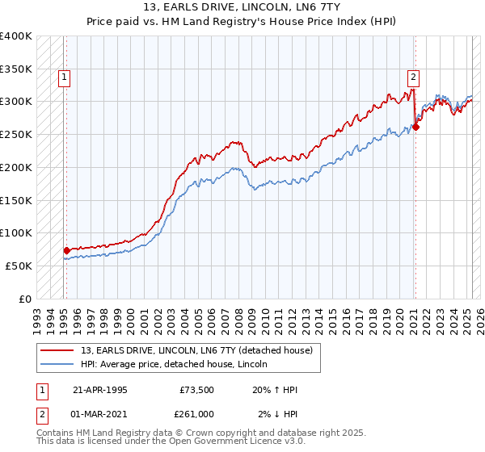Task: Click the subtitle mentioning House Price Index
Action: (x=242, y=23)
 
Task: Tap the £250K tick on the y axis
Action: (x=16, y=134)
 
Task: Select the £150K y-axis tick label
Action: (x=16, y=200)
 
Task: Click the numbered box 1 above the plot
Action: (x=64, y=77)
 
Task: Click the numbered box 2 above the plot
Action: (x=413, y=77)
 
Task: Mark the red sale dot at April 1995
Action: (x=66, y=250)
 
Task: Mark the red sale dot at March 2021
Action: (x=415, y=127)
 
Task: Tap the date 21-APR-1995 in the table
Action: (x=99, y=389)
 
